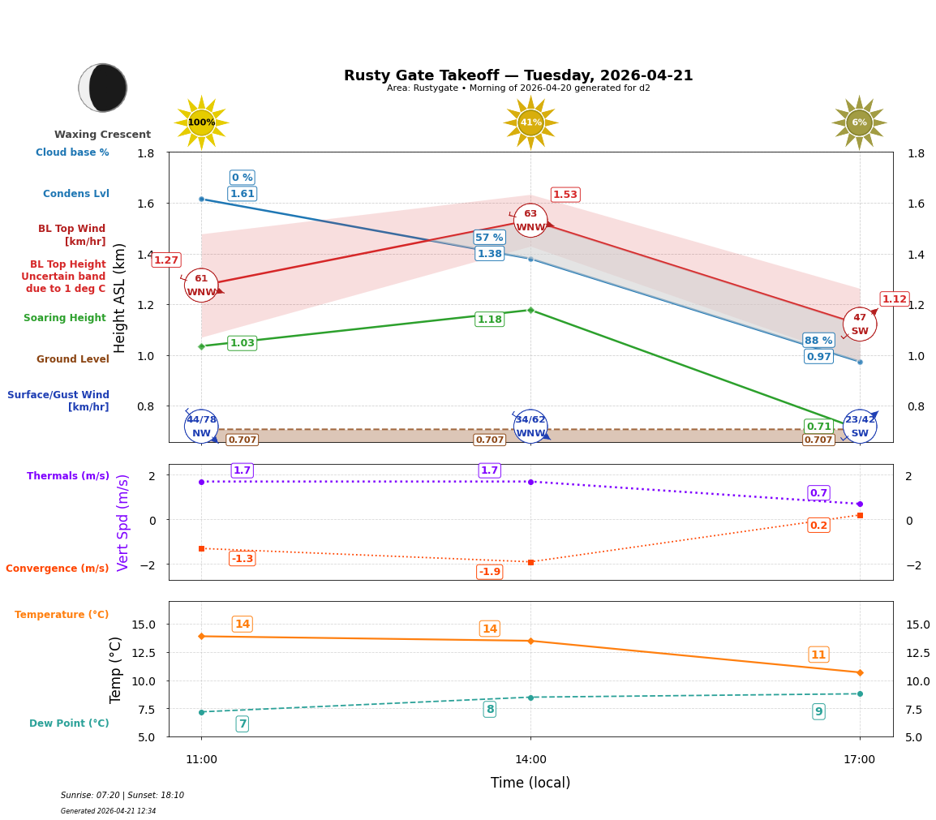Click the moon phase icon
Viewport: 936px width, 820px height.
[x=103, y=88]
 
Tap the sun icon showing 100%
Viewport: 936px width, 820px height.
[x=201, y=122]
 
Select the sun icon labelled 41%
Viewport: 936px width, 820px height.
[x=530, y=122]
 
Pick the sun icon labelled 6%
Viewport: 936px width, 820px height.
[x=859, y=122]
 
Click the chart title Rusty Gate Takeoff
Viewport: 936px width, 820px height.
[x=518, y=75]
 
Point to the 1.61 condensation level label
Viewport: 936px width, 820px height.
[x=242, y=194]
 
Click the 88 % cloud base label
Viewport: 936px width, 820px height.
[x=818, y=341]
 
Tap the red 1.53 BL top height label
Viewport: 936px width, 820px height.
[x=565, y=195]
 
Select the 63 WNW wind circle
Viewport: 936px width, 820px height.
[x=530, y=221]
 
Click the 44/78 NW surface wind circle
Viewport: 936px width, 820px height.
[x=201, y=426]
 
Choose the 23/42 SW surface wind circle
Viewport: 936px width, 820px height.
[x=860, y=426]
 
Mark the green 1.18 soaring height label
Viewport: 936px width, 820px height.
[x=489, y=320]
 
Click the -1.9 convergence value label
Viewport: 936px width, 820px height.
[x=489, y=572]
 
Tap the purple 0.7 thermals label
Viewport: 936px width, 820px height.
[x=818, y=493]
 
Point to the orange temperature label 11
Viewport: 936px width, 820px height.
[x=818, y=655]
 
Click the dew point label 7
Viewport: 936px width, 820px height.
[x=242, y=723]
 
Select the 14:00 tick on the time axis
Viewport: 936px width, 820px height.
[x=530, y=760]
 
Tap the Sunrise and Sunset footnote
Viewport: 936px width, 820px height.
[x=122, y=796]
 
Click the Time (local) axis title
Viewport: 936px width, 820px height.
[x=530, y=783]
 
